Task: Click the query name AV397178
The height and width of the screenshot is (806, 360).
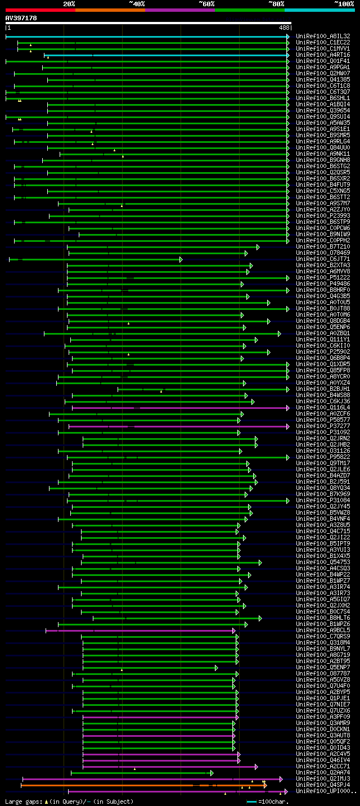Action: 21,18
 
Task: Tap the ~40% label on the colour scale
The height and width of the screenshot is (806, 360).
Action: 137,4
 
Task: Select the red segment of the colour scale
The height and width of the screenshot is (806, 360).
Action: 40,10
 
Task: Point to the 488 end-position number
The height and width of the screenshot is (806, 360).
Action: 284,28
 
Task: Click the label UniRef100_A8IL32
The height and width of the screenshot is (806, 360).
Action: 323,36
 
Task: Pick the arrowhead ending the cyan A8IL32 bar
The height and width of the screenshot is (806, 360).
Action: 288,37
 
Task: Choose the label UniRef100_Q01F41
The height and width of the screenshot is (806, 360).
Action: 323,61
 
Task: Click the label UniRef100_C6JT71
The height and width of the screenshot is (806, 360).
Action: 323,259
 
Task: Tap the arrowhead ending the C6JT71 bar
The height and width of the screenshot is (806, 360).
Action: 181,259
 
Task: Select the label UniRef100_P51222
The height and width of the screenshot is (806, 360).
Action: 323,278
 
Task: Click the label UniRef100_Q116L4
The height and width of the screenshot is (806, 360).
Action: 323,408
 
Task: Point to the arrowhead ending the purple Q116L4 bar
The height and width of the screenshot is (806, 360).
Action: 288,408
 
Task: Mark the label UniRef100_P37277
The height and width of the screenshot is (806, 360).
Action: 323,426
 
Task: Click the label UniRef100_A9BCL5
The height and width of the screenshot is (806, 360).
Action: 323,631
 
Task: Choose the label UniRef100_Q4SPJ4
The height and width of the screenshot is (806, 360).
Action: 323,785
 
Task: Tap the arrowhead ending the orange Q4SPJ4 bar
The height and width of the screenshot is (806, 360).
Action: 265,785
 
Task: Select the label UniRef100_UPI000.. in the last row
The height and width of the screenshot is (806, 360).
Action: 326,791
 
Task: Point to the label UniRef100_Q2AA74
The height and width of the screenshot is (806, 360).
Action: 323,773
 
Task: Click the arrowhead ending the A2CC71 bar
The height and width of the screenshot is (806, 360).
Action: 256,767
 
